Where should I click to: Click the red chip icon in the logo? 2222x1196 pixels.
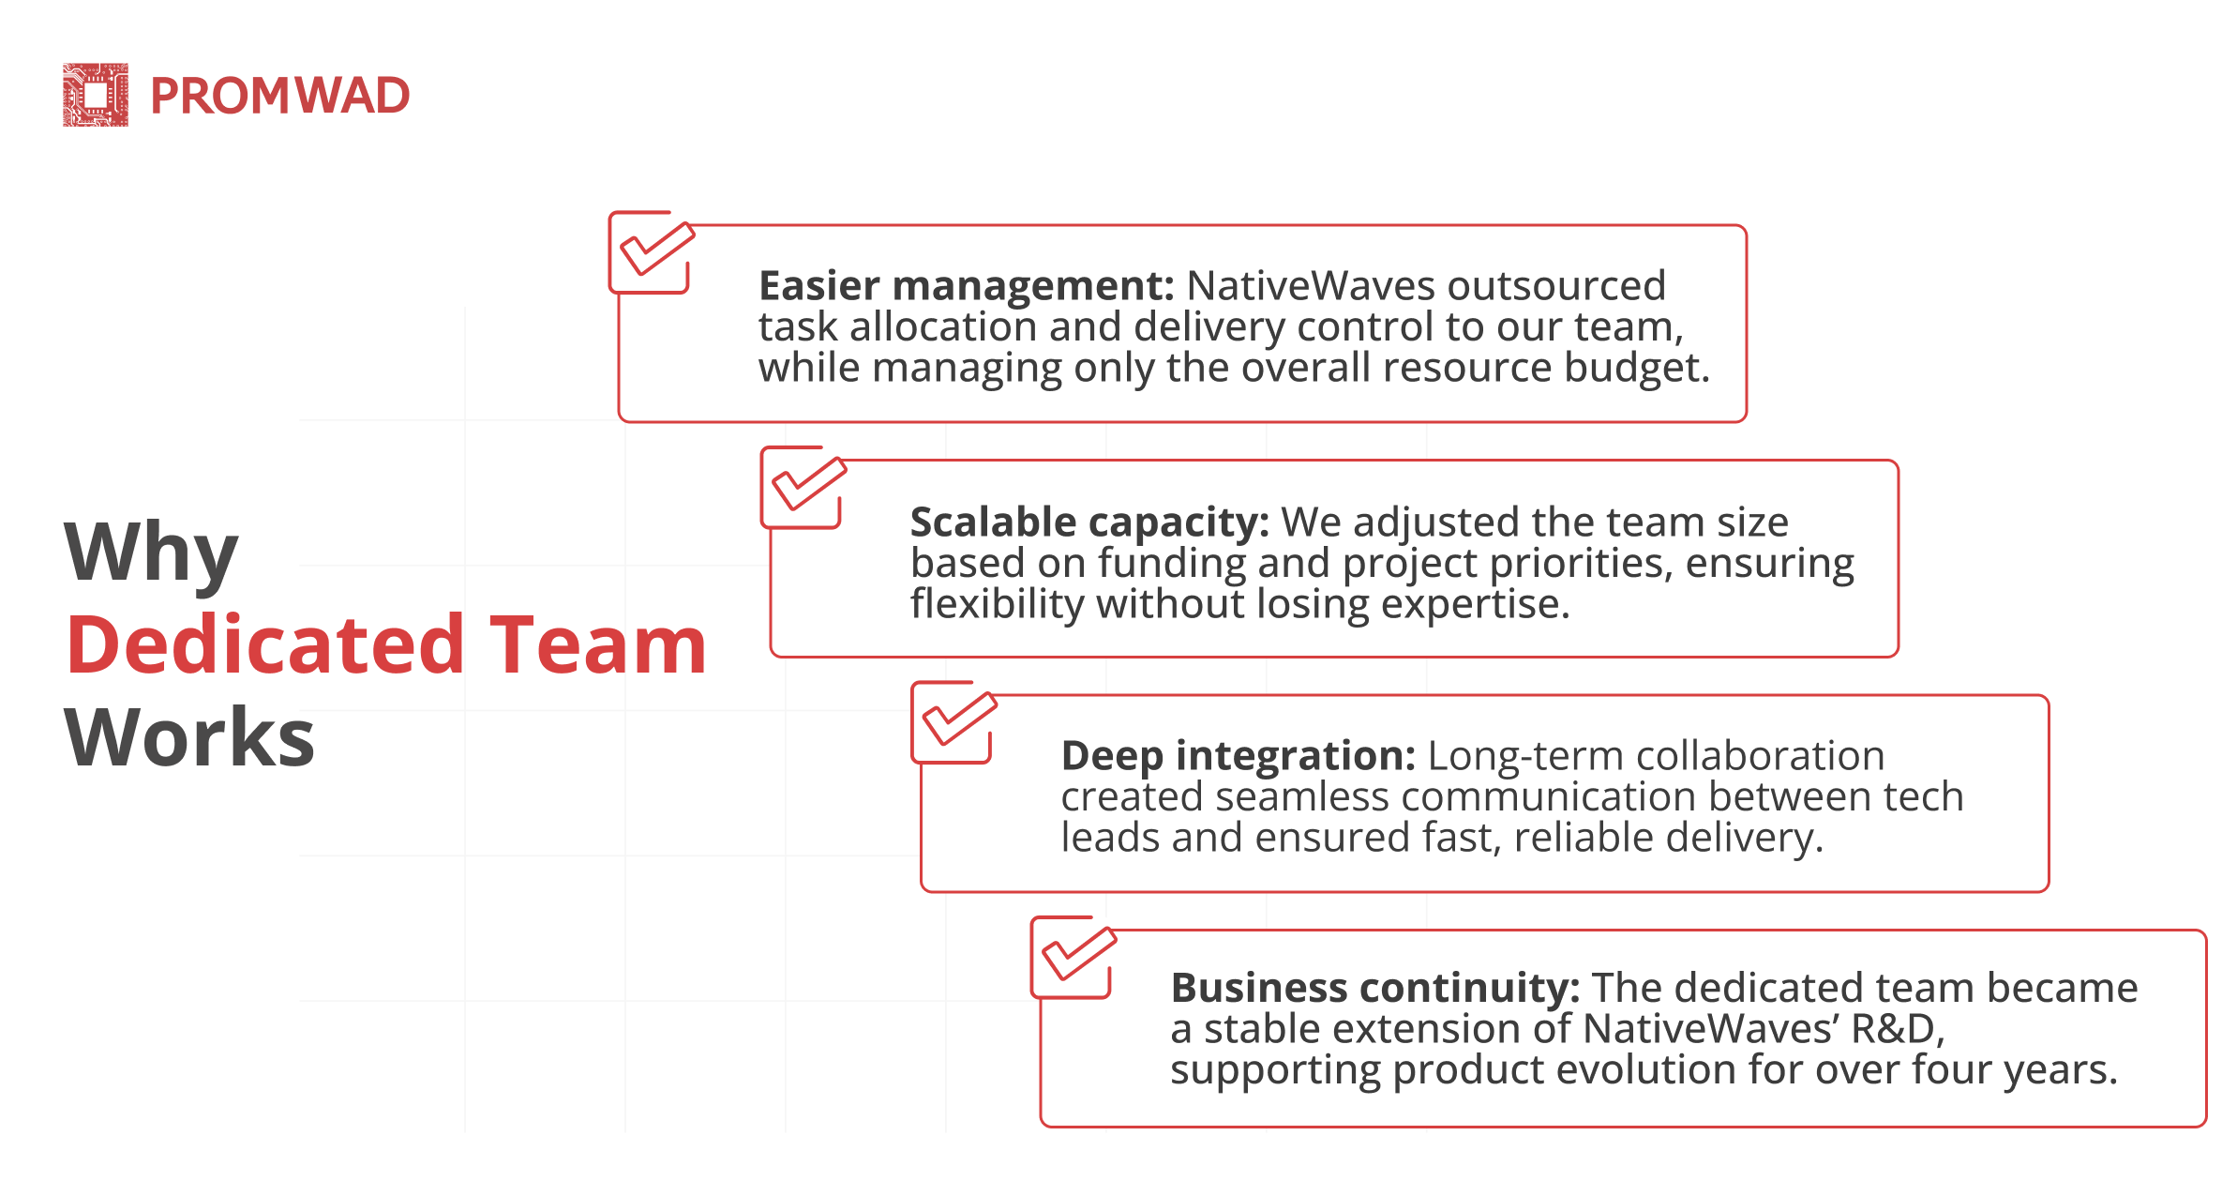point(96,95)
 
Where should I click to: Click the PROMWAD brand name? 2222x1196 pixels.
point(280,96)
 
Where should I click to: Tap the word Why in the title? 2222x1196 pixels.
point(151,553)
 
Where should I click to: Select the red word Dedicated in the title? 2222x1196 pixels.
point(266,644)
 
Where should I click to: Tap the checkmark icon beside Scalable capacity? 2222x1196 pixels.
point(804,487)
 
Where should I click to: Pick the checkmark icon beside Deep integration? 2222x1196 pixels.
point(955,722)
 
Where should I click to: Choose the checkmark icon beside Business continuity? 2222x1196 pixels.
point(1074,957)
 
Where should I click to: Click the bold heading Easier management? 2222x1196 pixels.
point(967,286)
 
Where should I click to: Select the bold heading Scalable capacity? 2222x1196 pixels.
point(1089,522)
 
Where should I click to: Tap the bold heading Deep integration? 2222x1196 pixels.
point(1239,756)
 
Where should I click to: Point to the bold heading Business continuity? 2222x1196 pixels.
point(1375,989)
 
